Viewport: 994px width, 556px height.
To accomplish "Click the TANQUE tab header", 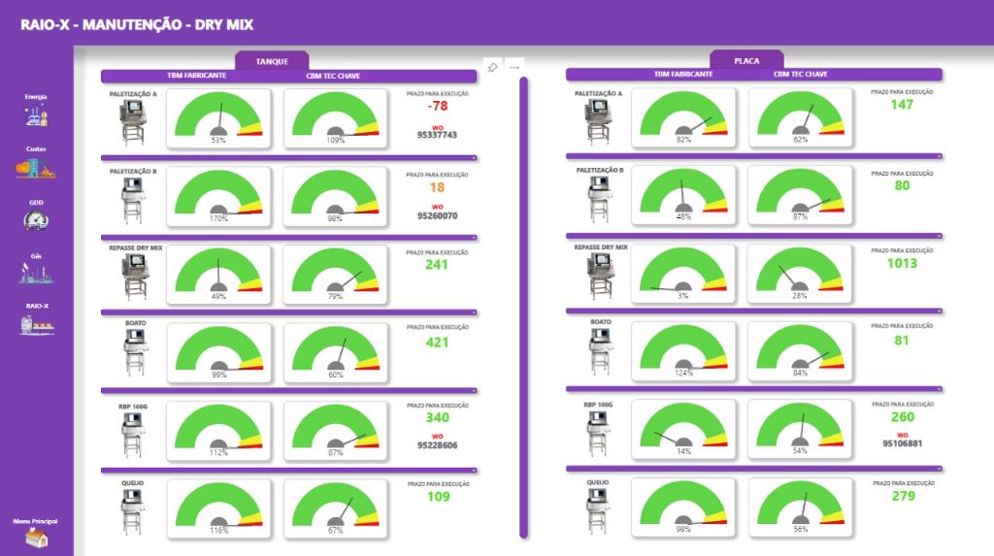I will pos(272,61).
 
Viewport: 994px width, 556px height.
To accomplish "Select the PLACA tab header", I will pos(746,61).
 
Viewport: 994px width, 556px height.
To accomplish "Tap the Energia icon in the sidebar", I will pos(36,114).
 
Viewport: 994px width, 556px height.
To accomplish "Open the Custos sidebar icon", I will pos(36,167).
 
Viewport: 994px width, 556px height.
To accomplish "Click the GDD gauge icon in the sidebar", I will pos(36,220).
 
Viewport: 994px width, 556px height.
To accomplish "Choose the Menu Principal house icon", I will pos(36,538).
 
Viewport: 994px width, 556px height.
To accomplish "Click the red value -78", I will pos(437,106).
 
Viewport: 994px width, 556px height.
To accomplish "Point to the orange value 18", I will pos(437,187).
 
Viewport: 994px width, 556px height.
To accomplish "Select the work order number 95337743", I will pos(437,135).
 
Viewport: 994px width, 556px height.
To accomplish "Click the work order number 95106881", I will pos(902,443).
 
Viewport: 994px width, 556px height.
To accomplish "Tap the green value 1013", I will pos(902,263).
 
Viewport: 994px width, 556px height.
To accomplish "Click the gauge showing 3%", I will pos(683,280).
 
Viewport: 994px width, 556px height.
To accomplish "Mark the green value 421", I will pos(437,342).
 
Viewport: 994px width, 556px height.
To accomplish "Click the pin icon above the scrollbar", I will pos(492,67).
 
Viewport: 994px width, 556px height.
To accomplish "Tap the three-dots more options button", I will pos(514,67).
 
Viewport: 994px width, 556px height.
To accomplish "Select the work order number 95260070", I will pos(437,216).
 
